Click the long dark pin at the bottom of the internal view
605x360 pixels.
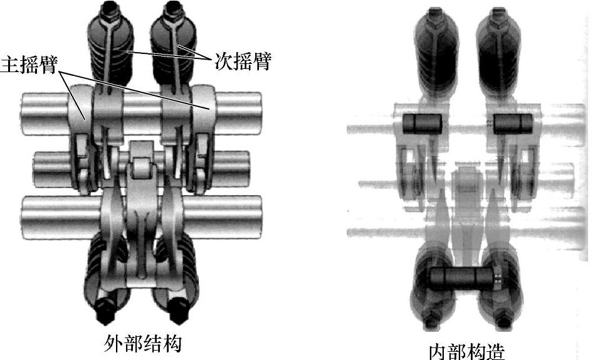tap(463, 277)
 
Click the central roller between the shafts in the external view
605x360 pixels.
tap(142, 167)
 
